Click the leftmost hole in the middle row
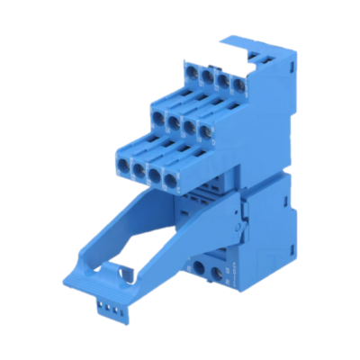pos(157,116)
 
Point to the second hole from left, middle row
pos(174,121)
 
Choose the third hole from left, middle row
pos(190,127)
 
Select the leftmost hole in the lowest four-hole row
pos(122,163)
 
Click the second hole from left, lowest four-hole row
pos(139,168)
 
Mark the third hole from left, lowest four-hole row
pos(156,174)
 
